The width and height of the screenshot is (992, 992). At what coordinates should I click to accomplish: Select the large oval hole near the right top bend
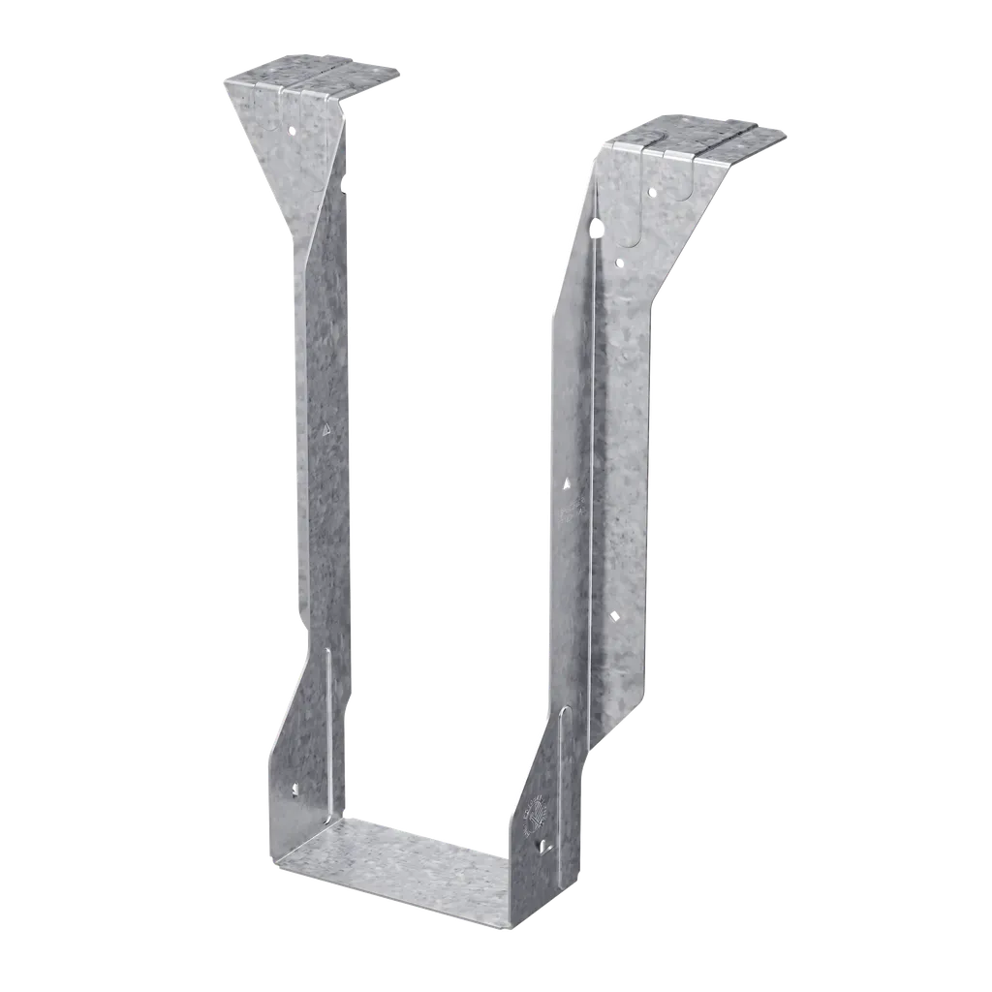point(598,229)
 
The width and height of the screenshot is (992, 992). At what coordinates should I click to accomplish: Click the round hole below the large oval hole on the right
point(620,262)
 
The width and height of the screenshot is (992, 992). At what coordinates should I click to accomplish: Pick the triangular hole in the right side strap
point(568,479)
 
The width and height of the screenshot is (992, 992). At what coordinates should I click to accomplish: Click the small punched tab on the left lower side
point(294,790)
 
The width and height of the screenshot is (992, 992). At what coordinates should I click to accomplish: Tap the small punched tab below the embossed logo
point(542,847)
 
